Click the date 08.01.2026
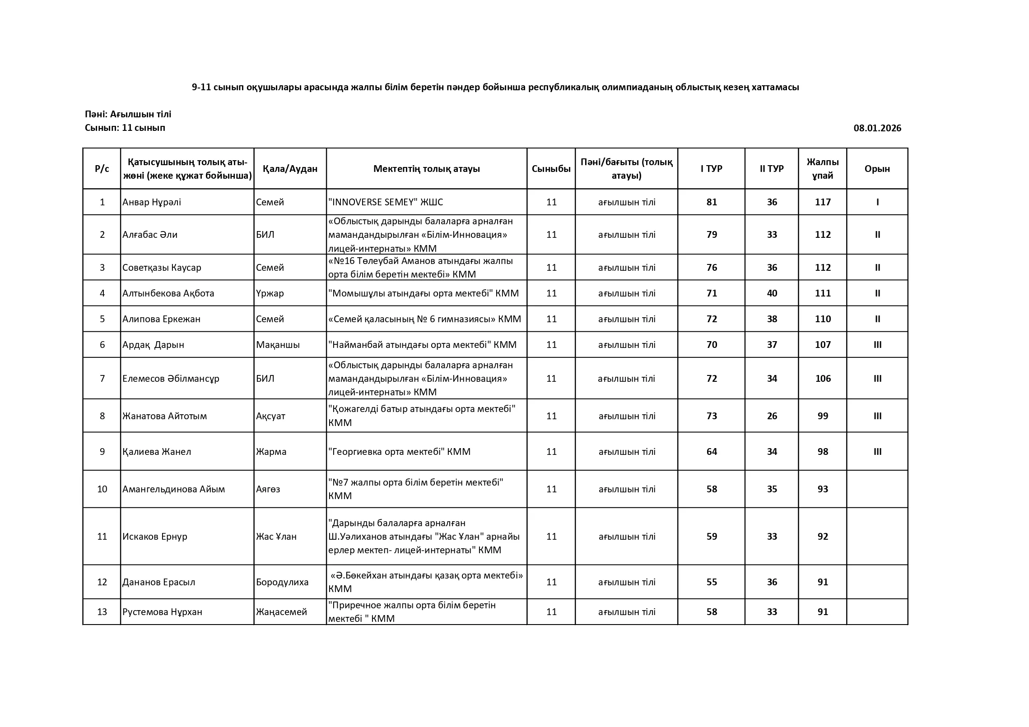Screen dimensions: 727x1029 (877, 128)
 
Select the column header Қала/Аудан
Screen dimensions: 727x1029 (290, 169)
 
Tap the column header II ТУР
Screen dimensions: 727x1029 (771, 169)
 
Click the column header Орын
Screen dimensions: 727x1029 (877, 169)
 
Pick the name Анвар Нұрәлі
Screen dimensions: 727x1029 (152, 202)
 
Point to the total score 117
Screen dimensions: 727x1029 (823, 202)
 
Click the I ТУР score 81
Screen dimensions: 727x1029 (712, 202)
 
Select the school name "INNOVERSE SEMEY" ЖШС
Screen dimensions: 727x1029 (386, 202)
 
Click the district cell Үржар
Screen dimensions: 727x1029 (270, 293)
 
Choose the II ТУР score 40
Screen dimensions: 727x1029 (772, 293)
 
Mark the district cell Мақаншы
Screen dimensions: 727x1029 (278, 345)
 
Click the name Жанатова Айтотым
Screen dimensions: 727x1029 (165, 416)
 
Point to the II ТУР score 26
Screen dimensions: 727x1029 (772, 416)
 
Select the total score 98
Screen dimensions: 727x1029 (823, 452)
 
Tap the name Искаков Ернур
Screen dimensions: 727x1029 (155, 537)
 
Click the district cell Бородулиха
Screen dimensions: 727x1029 (282, 582)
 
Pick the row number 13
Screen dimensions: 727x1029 (102, 612)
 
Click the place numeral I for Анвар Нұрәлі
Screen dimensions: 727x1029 (877, 202)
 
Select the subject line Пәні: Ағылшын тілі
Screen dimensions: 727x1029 (128, 114)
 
